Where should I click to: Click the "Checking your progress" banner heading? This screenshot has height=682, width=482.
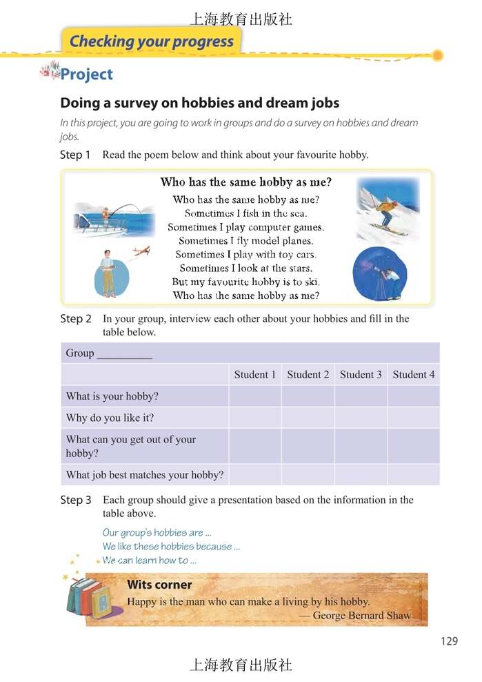pos(151,41)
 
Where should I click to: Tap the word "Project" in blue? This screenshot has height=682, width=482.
pos(86,75)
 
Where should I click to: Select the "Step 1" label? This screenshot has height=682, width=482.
pos(75,155)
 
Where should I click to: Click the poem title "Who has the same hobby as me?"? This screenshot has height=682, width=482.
pos(245,183)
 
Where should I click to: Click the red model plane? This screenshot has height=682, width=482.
pos(141,252)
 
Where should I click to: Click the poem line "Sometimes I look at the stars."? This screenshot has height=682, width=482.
pos(245,269)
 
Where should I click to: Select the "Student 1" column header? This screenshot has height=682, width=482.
pos(254,375)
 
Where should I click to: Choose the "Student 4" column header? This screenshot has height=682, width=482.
pos(413,375)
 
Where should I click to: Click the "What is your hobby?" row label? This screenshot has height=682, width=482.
pos(112,396)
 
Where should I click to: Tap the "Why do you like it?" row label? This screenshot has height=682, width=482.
pos(110,418)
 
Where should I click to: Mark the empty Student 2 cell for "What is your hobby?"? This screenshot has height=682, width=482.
pos(308,396)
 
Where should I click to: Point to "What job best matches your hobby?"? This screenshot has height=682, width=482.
pos(144,475)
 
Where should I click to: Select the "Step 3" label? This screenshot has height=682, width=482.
pos(75,500)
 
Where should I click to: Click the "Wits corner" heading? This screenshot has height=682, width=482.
pos(159,585)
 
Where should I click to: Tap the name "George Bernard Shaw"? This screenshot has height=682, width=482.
pos(361,615)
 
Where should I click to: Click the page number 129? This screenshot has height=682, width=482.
pos(448,641)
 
